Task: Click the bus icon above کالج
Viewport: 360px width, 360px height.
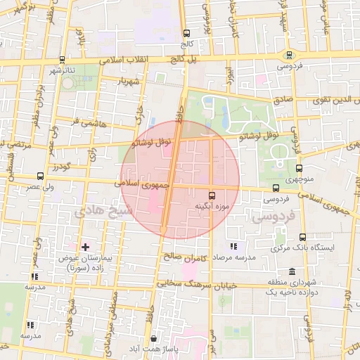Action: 186,33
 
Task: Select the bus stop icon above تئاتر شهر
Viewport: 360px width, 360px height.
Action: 63,59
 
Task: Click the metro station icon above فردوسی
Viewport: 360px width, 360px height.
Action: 289,55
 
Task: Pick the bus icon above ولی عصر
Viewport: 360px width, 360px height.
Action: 40,176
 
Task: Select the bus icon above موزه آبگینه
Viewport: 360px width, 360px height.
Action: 212,195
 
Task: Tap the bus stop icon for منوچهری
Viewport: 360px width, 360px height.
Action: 299,169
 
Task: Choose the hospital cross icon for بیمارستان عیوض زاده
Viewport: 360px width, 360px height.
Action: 85,247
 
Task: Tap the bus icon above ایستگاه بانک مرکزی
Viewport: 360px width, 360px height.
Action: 302,237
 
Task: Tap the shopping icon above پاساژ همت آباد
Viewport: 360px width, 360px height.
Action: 154,339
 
